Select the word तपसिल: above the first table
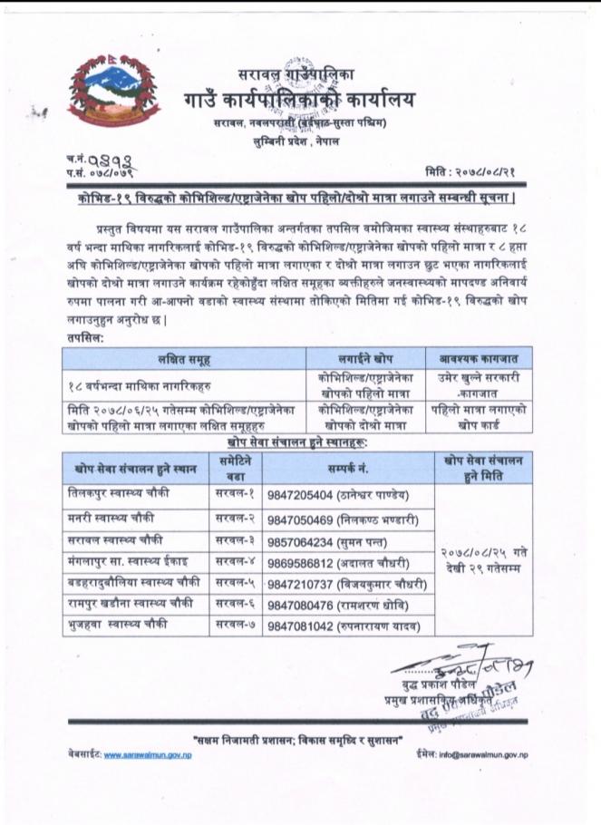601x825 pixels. (x=84, y=336)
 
